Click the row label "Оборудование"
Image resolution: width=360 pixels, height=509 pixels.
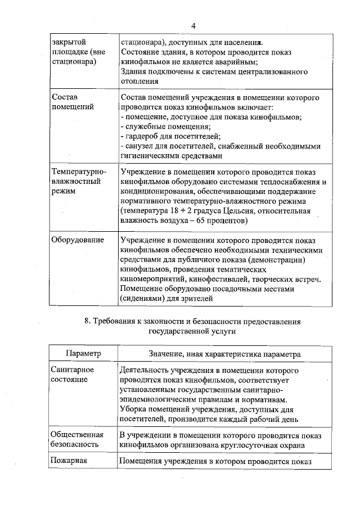point(78,240)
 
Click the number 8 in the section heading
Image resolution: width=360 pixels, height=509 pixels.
point(86,322)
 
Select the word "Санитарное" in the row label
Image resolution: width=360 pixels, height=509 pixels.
point(72,370)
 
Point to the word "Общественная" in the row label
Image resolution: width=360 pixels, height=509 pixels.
point(76,434)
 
